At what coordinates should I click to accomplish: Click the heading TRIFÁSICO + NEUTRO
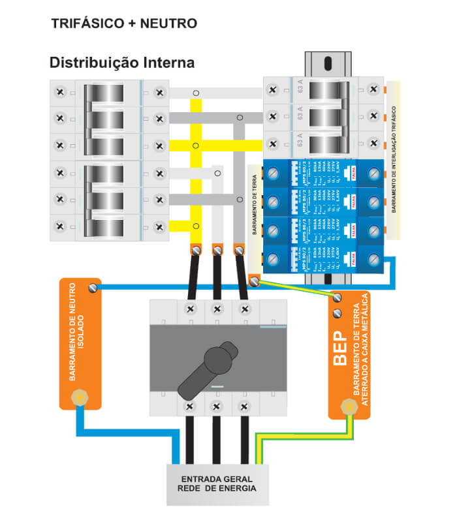coord(123,24)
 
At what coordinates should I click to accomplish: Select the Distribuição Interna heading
coord(122,63)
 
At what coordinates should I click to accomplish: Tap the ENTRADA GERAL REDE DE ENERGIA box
coord(217,484)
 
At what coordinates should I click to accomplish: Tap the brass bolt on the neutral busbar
coord(80,396)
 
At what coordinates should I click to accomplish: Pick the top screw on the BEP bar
coord(338,298)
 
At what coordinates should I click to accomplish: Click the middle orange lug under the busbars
coord(217,249)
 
